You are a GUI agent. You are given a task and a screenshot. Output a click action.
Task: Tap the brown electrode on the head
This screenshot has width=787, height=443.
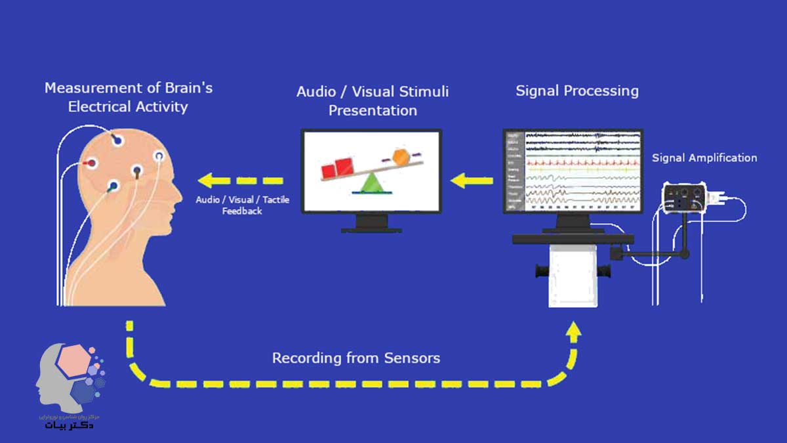(137, 172)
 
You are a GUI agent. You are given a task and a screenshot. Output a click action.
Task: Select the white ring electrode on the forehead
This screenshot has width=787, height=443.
(159, 156)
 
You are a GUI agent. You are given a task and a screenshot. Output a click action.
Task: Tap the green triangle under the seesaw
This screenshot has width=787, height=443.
(371, 183)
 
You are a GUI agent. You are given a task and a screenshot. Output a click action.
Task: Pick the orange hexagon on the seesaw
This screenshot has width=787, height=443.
(401, 158)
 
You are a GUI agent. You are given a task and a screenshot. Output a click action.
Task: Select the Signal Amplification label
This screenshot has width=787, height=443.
(704, 158)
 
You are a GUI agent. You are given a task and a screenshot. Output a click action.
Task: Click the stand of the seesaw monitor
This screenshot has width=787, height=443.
(371, 224)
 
